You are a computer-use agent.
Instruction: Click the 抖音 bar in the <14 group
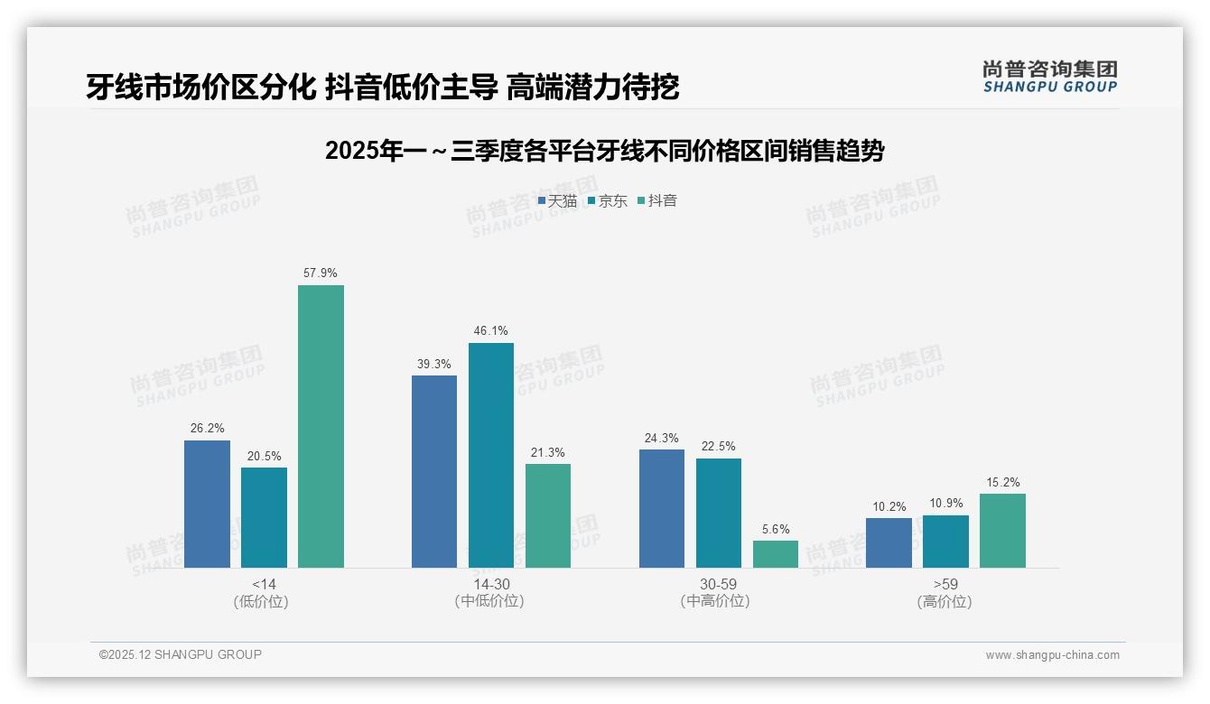pos(321,426)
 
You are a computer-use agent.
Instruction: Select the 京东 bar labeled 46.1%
pos(490,455)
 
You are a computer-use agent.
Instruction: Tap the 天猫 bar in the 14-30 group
pos(434,471)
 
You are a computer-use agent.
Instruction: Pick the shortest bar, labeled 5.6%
pos(776,554)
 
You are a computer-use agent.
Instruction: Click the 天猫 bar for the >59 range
pos(889,542)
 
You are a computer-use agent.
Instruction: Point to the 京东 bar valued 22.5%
pos(719,513)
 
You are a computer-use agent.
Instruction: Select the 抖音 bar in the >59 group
pos(1002,531)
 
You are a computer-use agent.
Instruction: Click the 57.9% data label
pos(321,273)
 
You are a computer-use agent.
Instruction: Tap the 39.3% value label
pos(434,364)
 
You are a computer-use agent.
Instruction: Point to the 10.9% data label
pos(945,503)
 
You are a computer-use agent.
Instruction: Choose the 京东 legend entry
pos(607,201)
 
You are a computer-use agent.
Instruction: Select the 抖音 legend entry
pos(657,201)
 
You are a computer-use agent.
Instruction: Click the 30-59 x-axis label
pos(718,584)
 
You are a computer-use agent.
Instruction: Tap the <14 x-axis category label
pos(265,584)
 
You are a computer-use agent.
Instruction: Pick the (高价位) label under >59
pos(945,601)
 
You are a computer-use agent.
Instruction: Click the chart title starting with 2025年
pos(604,151)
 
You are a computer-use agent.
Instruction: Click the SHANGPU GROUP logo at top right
pos(1049,77)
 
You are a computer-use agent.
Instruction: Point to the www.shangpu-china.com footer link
pos(1052,655)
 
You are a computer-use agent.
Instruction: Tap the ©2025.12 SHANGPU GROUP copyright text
pos(181,654)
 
